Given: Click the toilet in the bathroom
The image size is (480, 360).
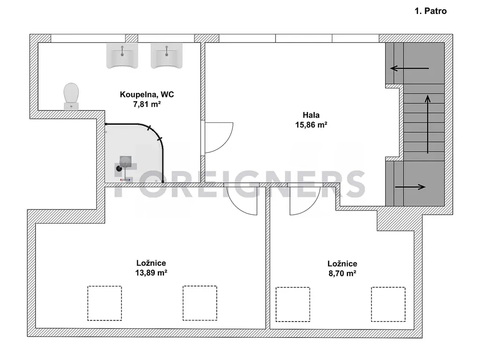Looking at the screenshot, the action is (71, 96).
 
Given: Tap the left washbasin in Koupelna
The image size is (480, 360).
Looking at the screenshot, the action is (122, 55).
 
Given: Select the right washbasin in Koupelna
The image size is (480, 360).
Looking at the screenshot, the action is (166, 55).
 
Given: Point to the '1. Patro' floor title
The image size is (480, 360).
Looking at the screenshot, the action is (430, 11).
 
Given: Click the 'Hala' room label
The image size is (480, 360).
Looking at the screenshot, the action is (311, 115).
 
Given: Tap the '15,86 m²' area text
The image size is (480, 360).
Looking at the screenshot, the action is (311, 125).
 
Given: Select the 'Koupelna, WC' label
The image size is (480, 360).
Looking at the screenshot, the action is (147, 94).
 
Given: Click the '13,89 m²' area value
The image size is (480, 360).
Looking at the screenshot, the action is (151, 272).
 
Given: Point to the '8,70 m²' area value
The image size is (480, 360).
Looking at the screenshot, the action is (342, 273).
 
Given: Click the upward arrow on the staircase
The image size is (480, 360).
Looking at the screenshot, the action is (427, 124).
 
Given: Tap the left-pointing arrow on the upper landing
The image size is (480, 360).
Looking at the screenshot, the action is (409, 68).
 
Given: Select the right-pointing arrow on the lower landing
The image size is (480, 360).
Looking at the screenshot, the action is (410, 187).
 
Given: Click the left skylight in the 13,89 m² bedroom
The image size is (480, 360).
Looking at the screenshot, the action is (105, 303).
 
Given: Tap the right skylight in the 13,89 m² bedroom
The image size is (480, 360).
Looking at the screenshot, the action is (200, 303).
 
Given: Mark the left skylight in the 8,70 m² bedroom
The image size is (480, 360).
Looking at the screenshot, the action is (292, 304).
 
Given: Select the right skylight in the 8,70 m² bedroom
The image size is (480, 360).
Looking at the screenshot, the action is (388, 304).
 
